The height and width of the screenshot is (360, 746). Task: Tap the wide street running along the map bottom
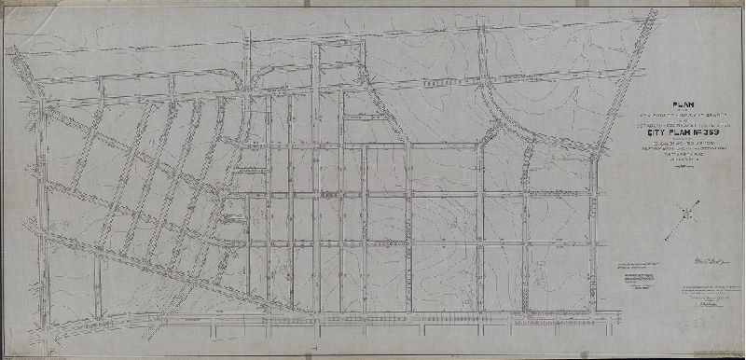pyautogui.click(x=373, y=318)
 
